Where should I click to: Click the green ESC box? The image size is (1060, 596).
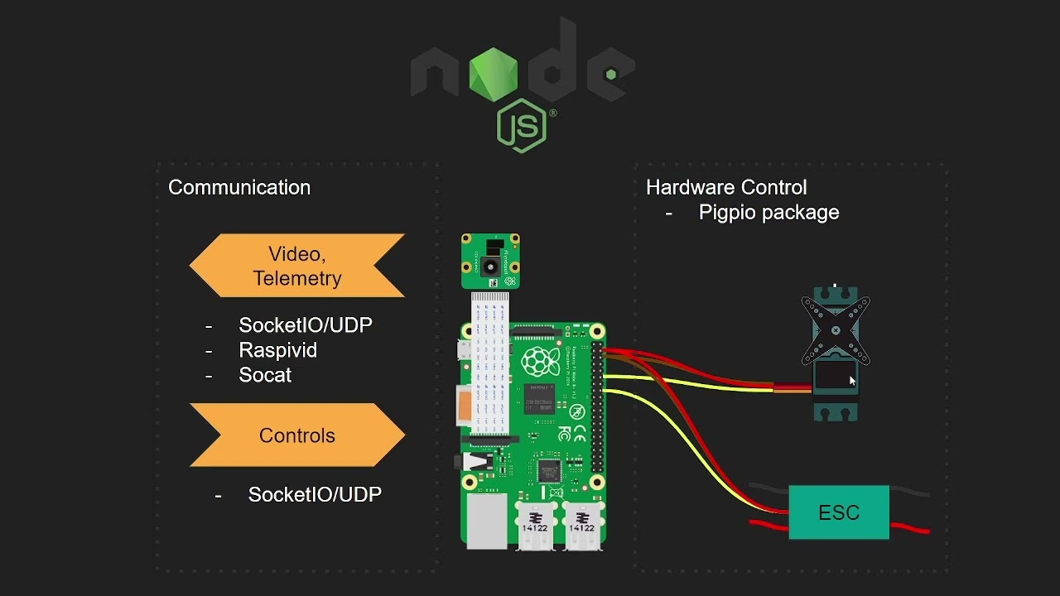pyautogui.click(x=839, y=512)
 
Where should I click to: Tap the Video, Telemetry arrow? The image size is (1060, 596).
pyautogui.click(x=297, y=266)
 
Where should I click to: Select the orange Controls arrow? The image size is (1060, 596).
pyautogui.click(x=297, y=435)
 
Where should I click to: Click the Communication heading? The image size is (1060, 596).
pyautogui.click(x=239, y=188)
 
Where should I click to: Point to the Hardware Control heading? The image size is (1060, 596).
pyautogui.click(x=726, y=188)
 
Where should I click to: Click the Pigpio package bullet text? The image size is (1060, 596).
pyautogui.click(x=768, y=213)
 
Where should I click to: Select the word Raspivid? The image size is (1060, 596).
pyautogui.click(x=277, y=350)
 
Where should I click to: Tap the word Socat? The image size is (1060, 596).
pyautogui.click(x=265, y=375)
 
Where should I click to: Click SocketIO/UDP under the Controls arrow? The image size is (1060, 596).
pyautogui.click(x=315, y=495)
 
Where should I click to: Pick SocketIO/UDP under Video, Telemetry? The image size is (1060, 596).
pyautogui.click(x=306, y=325)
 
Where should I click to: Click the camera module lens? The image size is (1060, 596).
pyautogui.click(x=491, y=267)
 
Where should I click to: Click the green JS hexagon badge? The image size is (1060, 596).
pyautogui.click(x=522, y=126)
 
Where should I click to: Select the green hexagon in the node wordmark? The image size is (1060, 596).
pyautogui.click(x=493, y=74)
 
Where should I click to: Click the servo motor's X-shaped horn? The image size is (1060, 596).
pyautogui.click(x=836, y=330)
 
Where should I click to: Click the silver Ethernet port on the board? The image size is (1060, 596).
pyautogui.click(x=486, y=521)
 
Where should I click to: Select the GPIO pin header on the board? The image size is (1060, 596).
pyautogui.click(x=596, y=406)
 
